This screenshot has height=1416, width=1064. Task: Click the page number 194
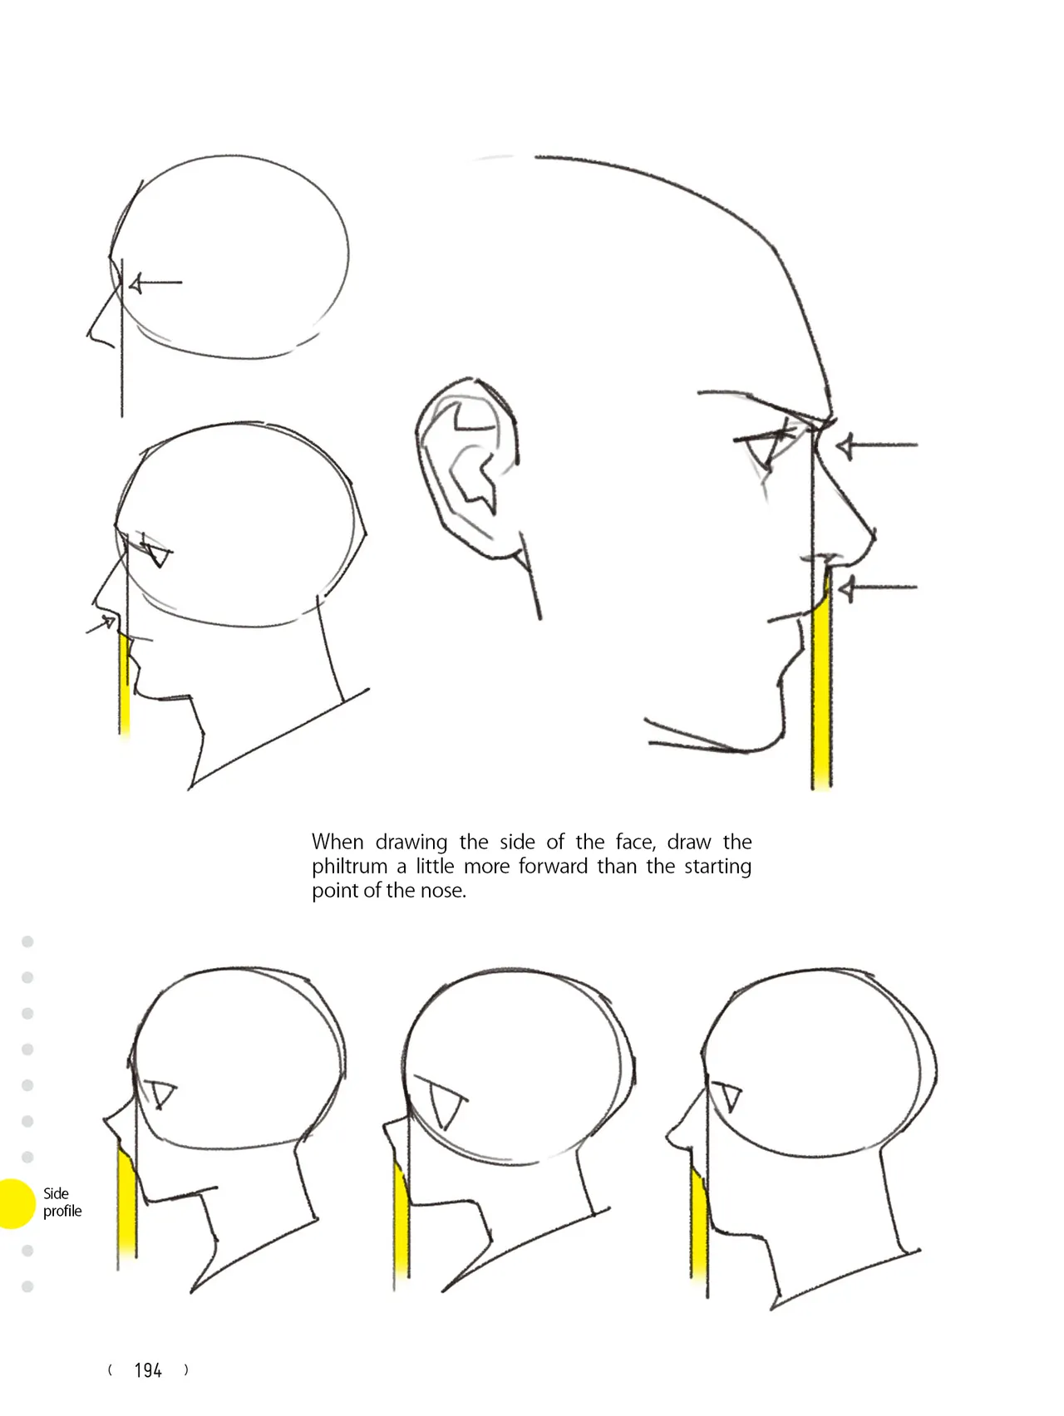pos(148,1370)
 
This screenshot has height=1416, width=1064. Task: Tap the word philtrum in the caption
pos(349,867)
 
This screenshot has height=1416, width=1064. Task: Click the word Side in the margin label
pos(56,1193)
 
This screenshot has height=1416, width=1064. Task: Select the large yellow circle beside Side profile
pos(13,1203)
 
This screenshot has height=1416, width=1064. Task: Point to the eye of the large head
pos(769,449)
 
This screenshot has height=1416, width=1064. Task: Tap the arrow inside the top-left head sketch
pos(155,283)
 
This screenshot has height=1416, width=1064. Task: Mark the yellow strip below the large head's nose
pos(821,677)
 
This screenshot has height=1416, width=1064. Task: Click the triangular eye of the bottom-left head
pos(162,1094)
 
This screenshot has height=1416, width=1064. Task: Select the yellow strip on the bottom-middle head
pos(401,1217)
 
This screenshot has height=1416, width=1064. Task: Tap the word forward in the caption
pos(552,867)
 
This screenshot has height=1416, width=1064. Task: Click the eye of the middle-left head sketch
pos(156,551)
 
